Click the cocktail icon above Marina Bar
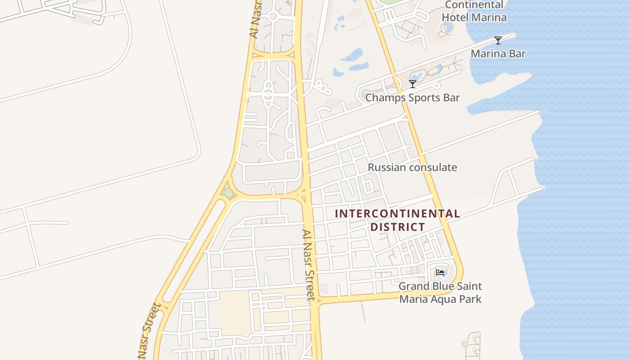click(498, 40)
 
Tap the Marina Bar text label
click(498, 54)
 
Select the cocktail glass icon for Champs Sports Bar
click(413, 84)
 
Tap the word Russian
click(385, 167)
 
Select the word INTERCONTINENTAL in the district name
click(397, 214)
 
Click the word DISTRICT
click(397, 227)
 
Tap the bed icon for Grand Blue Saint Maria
click(440, 273)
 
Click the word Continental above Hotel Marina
click(474, 5)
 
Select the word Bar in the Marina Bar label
click(517, 54)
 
